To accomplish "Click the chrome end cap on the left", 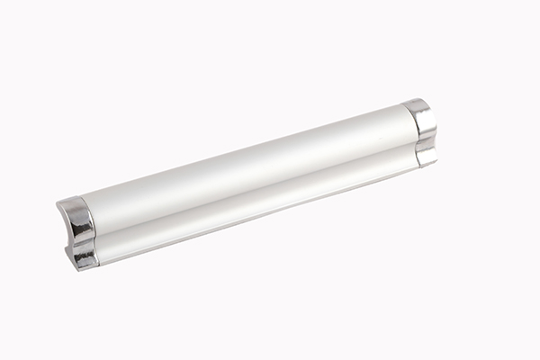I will coord(78,232).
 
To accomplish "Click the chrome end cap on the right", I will coord(421,133).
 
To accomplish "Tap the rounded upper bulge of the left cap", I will coord(79,217).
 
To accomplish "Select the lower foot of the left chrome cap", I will coord(84,256).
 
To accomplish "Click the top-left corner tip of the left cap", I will coord(57,204).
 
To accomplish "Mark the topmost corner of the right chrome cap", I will coord(413,100).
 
